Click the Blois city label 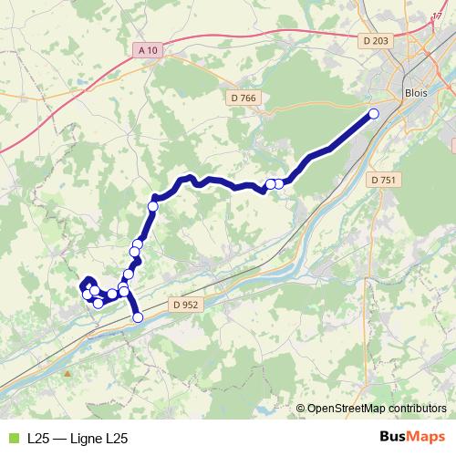pos(415,93)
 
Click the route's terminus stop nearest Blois pos(373,113)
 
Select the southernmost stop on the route pos(139,317)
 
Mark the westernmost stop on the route pos(88,294)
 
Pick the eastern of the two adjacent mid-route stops pos(279,183)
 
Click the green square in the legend pos(12,439)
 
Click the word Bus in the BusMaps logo pos(394,438)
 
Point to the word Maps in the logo pos(427,438)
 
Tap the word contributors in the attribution pos(416,409)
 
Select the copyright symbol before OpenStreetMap pos(302,409)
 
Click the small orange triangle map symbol pos(67,373)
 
